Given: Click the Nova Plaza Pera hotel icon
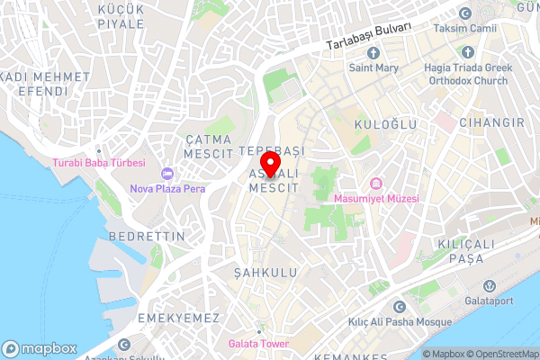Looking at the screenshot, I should (166, 173).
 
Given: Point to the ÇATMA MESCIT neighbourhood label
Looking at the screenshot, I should (209, 146).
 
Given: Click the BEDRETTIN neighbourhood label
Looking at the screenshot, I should (146, 236).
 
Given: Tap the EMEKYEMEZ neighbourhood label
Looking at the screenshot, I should (178, 319).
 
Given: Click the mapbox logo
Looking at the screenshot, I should (40, 349).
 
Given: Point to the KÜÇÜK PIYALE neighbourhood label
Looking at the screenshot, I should (121, 15).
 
